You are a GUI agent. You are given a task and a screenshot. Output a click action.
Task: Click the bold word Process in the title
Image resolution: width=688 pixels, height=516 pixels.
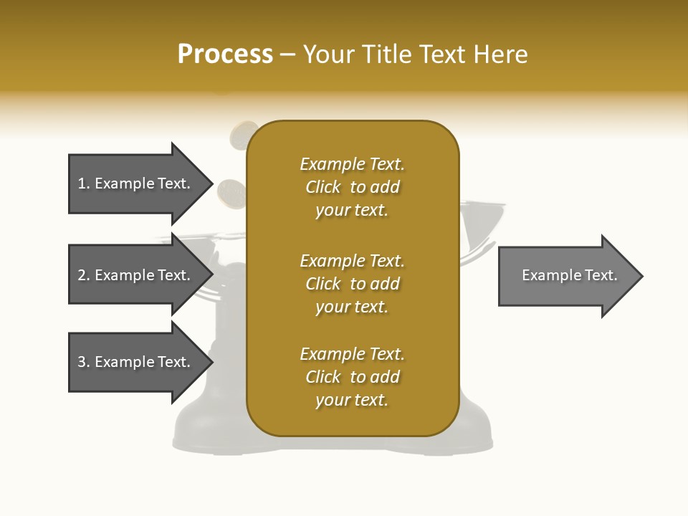pos(225,54)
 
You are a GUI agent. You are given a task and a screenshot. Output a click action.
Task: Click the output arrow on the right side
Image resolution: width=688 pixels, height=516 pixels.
pos(566,276)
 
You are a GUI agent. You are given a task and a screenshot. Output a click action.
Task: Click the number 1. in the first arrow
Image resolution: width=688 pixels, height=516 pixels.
pos(84,183)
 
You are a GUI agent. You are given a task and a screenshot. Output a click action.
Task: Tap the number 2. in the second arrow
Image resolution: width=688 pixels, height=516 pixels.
pos(84,275)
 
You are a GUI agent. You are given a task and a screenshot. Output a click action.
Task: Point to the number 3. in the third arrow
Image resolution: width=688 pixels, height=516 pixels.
pos(84,362)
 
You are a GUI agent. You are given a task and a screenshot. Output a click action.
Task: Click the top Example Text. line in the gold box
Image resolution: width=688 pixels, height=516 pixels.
pos(352,164)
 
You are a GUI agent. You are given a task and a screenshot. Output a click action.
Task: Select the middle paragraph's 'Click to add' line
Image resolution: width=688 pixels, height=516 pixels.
pos(352,284)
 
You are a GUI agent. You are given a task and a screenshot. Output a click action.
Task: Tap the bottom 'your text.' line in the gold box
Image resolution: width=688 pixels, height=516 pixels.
pos(352,400)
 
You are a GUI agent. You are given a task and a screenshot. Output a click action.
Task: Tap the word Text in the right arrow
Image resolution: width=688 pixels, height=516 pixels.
pos(601,275)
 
